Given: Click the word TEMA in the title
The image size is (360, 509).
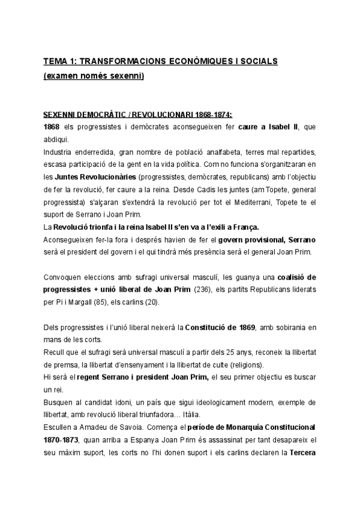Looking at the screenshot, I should [55, 62].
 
